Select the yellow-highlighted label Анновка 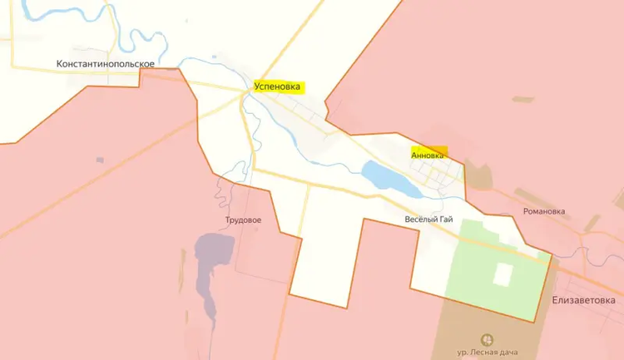point(428,153)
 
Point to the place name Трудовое point(243,220)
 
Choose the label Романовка point(544,211)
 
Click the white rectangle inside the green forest point(503,275)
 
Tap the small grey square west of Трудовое point(100,160)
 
